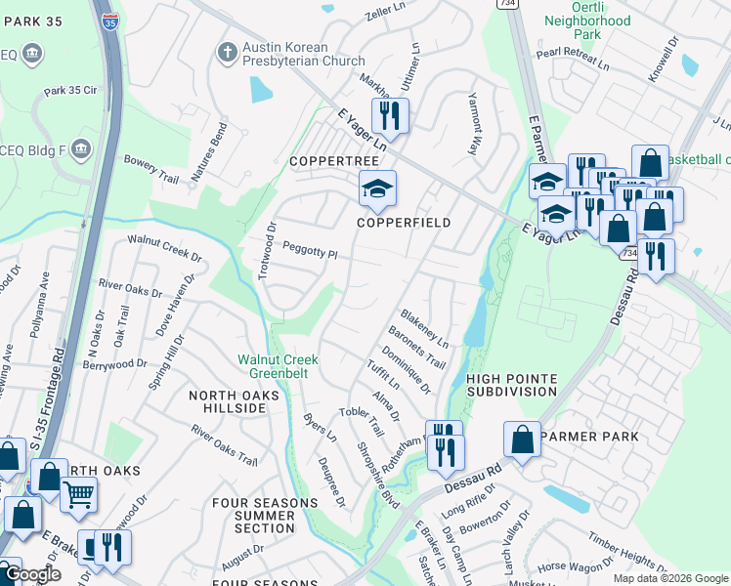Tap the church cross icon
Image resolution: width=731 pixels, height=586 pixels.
[227, 52]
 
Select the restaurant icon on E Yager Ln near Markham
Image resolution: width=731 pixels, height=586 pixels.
[390, 115]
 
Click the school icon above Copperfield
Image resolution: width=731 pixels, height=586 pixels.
[377, 189]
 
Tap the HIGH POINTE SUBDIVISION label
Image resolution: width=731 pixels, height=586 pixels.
[511, 385]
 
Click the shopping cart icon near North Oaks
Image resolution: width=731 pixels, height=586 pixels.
[78, 494]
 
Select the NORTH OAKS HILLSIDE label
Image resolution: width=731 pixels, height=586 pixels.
[235, 402]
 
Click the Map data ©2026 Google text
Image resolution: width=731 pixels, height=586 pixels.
[669, 578]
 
